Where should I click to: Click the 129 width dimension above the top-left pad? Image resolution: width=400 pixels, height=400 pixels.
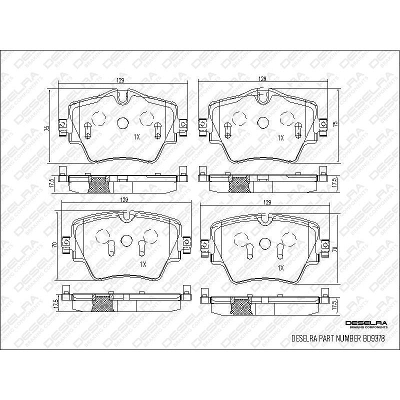pos(120,80)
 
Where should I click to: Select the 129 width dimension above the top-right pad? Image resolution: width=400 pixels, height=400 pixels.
pos(261,79)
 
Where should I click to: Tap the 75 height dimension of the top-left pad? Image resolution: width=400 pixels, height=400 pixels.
pos(46,128)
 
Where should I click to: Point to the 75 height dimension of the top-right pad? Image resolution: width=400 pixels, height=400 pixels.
pos(335,123)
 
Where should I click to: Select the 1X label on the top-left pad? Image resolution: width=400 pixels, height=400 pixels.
pos(136,136)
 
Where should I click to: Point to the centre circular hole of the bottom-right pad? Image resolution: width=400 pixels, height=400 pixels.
pos(265,242)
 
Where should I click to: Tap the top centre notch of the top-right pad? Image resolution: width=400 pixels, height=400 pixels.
pos(261,97)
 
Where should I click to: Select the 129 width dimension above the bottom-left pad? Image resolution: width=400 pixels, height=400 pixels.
pos(124,199)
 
